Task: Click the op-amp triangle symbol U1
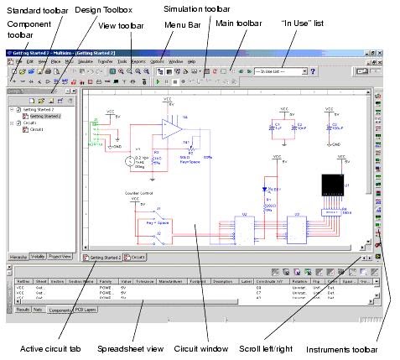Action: pos(171,129)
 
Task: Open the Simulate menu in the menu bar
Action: pos(85,61)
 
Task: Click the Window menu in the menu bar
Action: pos(176,61)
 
